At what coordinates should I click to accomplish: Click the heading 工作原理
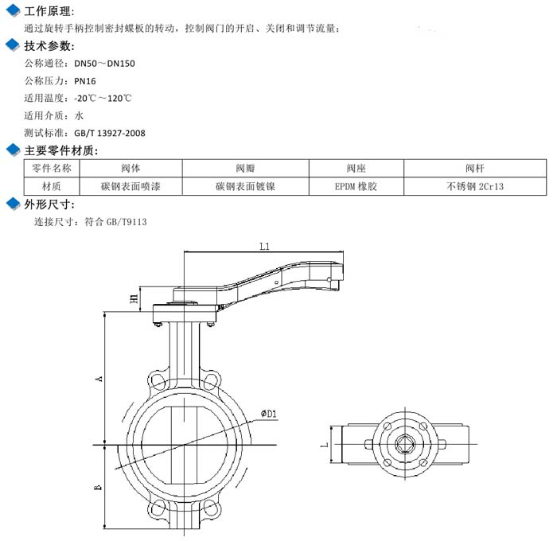(47, 11)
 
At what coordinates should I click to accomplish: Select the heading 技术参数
(47, 46)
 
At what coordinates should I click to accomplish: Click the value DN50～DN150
(104, 64)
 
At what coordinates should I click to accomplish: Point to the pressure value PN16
(85, 81)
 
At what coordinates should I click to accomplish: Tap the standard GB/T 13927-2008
(110, 133)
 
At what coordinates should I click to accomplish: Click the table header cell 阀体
(130, 168)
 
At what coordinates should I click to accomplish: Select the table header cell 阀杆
(475, 168)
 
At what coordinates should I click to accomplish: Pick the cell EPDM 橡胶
(356, 186)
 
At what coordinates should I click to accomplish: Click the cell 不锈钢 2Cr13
(475, 186)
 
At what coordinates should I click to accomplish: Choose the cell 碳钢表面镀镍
(245, 186)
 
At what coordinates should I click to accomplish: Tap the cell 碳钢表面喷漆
(130, 186)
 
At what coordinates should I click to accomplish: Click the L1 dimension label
(265, 246)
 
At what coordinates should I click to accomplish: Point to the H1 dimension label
(134, 298)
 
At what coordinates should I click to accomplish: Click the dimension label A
(99, 379)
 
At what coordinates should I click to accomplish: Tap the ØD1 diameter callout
(269, 414)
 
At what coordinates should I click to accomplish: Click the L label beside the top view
(324, 445)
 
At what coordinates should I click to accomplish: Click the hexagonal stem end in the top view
(405, 444)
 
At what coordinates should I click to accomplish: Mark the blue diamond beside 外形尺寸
(14, 204)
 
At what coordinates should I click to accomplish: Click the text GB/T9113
(127, 222)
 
